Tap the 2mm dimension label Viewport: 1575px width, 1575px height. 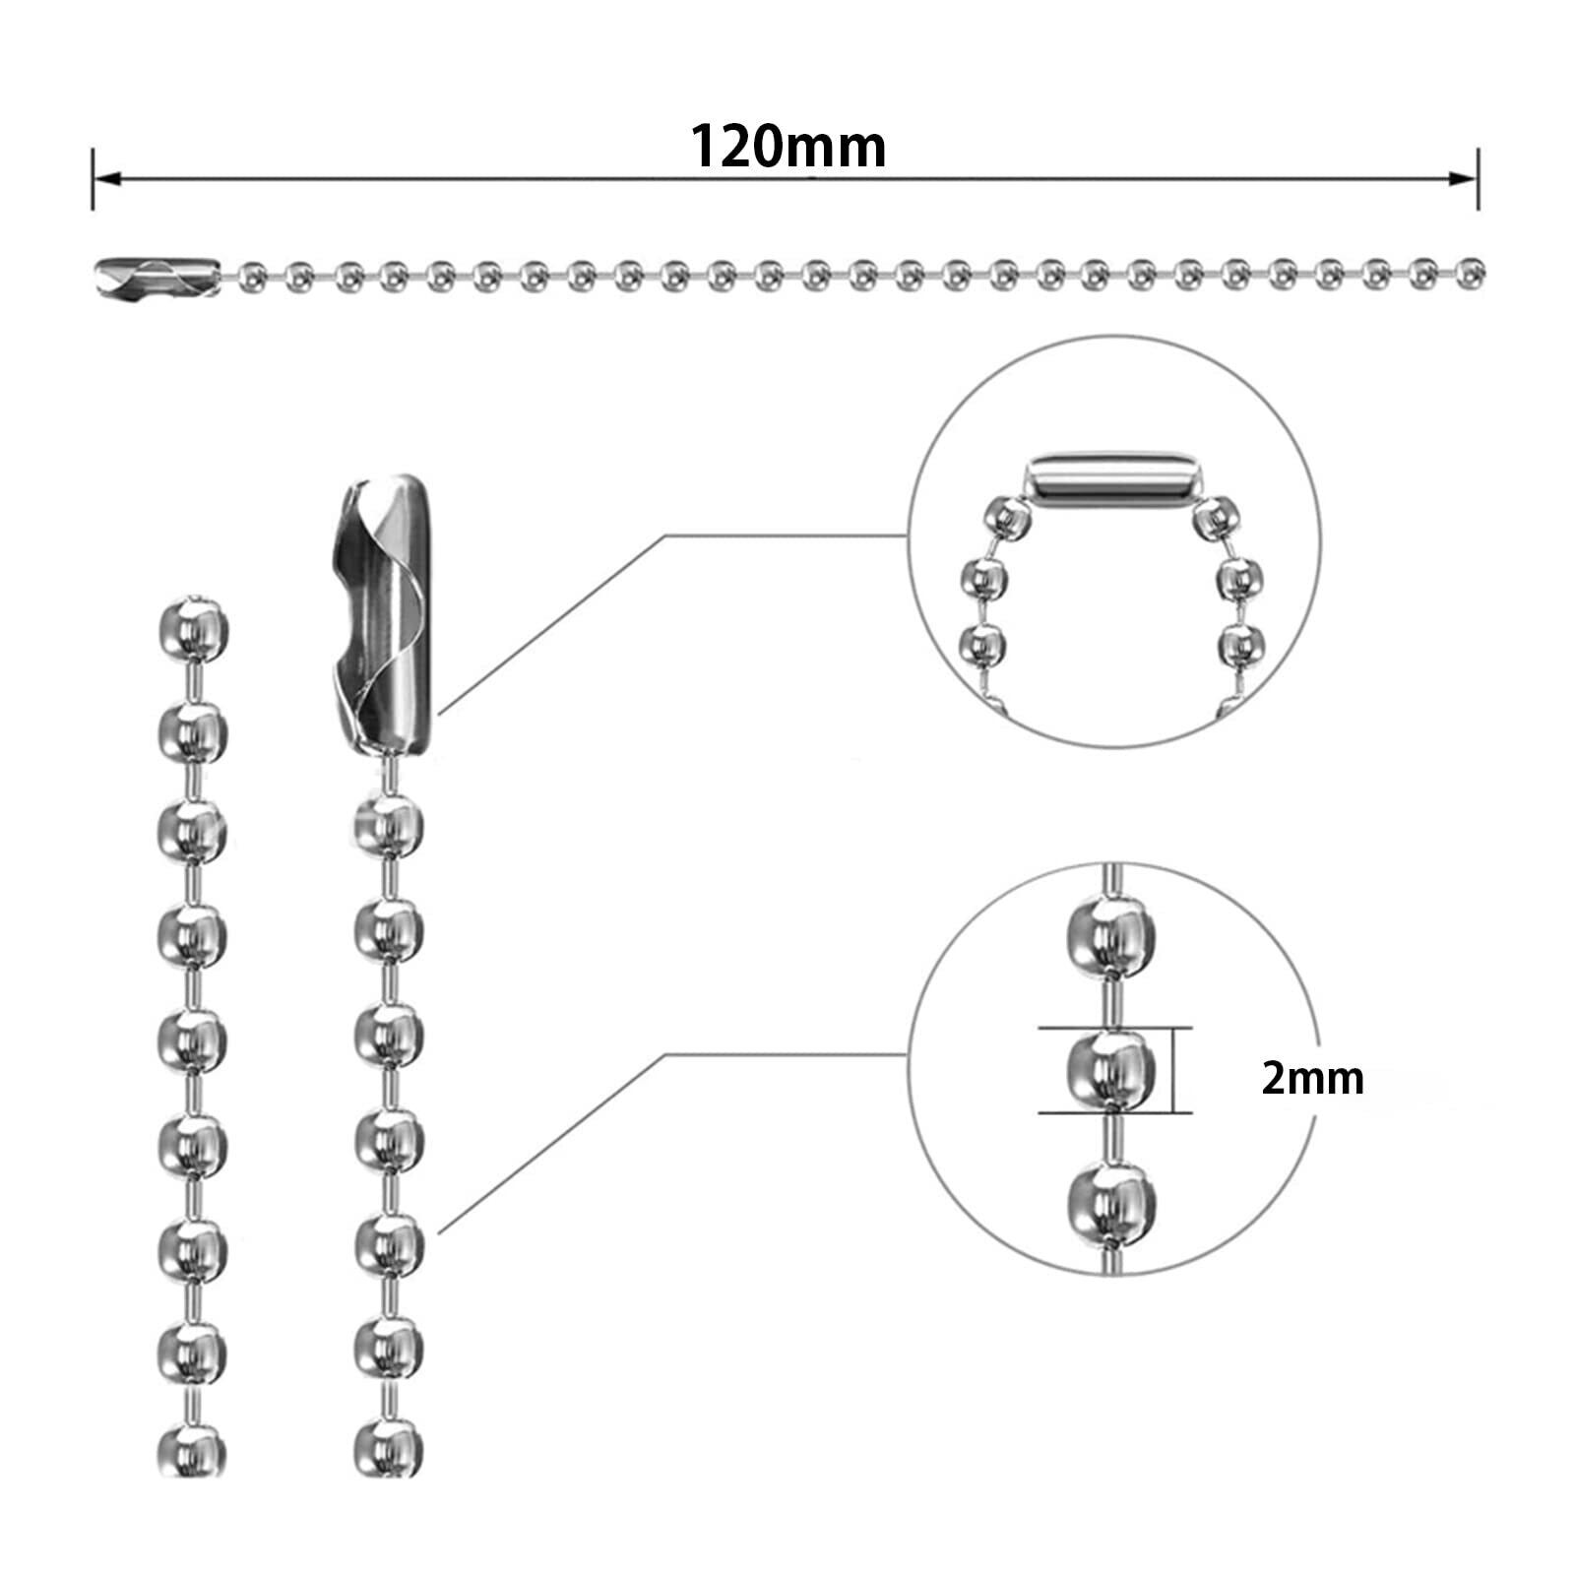point(1312,1080)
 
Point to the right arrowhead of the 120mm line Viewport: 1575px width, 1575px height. point(1465,179)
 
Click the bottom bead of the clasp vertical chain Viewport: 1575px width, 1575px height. point(388,1450)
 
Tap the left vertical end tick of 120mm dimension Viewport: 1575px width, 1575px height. point(94,179)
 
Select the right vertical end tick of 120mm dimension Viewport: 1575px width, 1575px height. point(1478,179)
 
